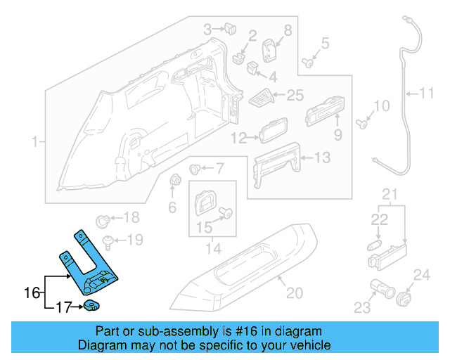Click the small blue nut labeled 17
coord(91,305)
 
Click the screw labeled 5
coord(307,62)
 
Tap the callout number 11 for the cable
coord(427,92)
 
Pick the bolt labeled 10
coord(361,124)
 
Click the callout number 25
coord(294,94)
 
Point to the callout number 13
coord(321,158)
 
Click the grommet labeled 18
coord(103,219)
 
